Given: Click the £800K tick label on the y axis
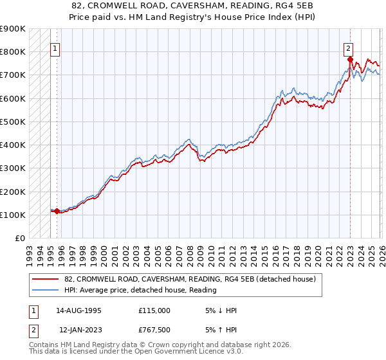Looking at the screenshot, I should tap(13, 52).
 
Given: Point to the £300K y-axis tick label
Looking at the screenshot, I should tap(13, 168).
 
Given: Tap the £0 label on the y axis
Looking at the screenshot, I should tap(20, 239).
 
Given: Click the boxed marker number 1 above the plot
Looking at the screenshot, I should tap(55, 48).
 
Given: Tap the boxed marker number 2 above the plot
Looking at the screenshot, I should tap(348, 48).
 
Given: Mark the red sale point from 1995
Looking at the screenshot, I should tap(57, 211).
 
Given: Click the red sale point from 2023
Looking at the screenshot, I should tap(351, 60).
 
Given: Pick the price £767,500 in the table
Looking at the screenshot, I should tap(154, 329).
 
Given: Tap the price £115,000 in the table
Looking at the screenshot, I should tap(154, 310).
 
